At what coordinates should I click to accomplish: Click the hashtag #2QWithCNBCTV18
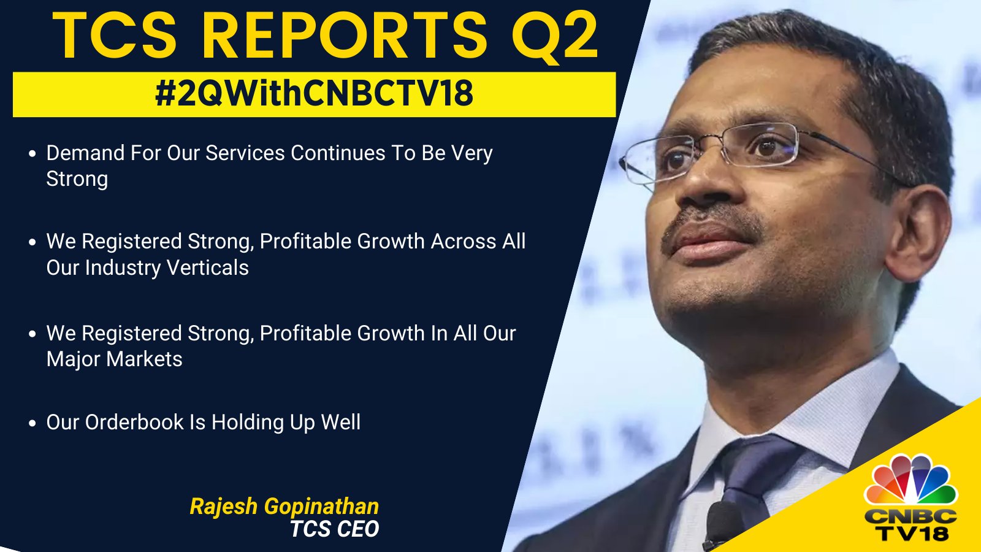(314, 94)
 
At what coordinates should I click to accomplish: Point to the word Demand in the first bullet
(86, 153)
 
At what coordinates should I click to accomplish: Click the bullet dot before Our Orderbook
(32, 423)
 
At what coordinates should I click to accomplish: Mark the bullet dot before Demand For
(32, 154)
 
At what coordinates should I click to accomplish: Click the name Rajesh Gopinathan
(284, 507)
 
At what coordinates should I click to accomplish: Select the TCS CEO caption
(334, 529)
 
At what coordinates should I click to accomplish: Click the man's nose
(711, 178)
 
